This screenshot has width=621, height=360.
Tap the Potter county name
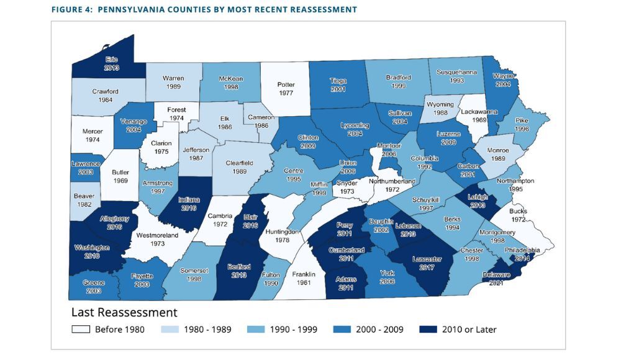(x=286, y=84)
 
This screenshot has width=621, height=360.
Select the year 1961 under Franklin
(x=304, y=283)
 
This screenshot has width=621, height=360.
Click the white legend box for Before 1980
(x=81, y=330)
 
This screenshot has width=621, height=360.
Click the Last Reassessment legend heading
(x=124, y=312)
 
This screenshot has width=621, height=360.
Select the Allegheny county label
(x=114, y=219)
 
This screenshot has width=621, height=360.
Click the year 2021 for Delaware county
(x=496, y=283)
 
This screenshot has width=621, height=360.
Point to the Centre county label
(x=292, y=170)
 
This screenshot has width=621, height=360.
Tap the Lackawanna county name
(x=478, y=113)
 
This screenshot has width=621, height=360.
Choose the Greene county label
(x=94, y=282)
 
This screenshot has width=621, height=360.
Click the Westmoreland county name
(x=157, y=236)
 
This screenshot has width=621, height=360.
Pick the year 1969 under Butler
(x=120, y=180)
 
